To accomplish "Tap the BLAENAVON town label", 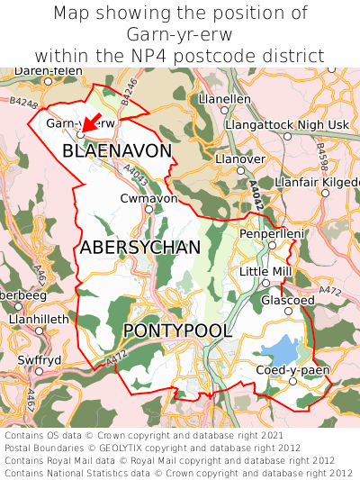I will [117, 151].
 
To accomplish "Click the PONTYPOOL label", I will [177, 331].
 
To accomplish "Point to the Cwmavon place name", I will [149, 198].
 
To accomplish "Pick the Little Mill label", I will [265, 271].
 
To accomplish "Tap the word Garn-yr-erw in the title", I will [180, 35].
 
